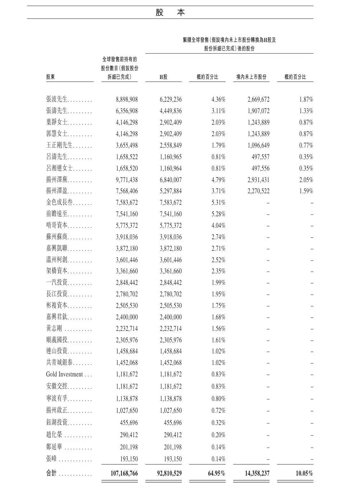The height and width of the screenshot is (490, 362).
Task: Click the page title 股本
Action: (170, 13)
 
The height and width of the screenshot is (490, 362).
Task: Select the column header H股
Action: (163, 77)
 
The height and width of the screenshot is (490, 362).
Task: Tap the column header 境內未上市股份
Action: (251, 77)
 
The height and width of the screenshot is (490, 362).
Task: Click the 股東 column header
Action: (51, 77)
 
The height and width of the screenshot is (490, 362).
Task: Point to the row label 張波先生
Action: (57, 100)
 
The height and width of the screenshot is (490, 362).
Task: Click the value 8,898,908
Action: (127, 100)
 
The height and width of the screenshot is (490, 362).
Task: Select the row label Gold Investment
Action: (64, 374)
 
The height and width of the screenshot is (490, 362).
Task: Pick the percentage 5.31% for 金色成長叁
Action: (218, 203)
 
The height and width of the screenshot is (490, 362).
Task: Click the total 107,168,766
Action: (124, 473)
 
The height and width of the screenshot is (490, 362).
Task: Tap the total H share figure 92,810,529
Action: (169, 473)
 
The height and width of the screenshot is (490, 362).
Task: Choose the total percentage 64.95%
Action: (217, 473)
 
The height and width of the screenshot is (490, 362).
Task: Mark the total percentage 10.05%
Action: (304, 473)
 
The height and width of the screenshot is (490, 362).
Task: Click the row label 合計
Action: (51, 473)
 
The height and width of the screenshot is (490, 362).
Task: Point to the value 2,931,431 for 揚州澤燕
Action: (258, 180)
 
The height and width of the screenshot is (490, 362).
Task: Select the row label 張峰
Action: (51, 459)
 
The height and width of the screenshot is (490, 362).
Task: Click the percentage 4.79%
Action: (218, 180)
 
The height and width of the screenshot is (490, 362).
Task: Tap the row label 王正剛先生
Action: (59, 145)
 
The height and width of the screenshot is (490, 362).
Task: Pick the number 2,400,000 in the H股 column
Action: (171, 317)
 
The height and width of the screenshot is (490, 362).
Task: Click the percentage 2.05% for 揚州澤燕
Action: (306, 180)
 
